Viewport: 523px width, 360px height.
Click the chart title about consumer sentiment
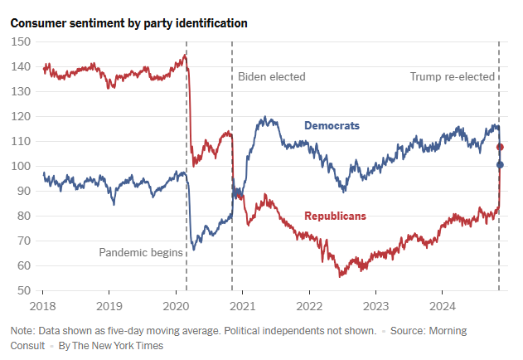128,23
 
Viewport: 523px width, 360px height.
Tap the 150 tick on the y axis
22,41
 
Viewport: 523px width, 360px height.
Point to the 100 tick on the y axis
22,166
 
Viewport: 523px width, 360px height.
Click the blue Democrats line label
332,126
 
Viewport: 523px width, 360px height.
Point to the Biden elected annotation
272,77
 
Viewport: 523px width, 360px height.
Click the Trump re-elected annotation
453,77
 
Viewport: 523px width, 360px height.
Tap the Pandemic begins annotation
140,252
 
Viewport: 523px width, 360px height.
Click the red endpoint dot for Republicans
500,147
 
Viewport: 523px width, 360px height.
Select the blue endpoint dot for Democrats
500,164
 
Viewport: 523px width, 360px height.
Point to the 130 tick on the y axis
22,91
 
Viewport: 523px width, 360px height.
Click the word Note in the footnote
22,331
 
